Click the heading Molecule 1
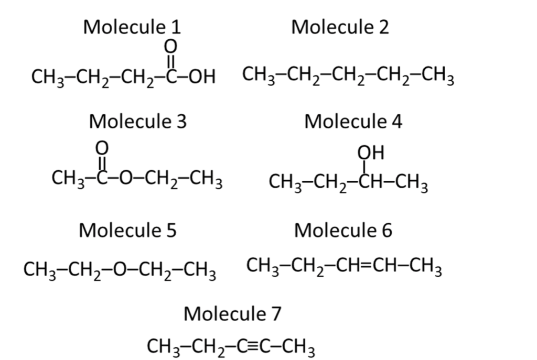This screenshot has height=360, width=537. point(132,27)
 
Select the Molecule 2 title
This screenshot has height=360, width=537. point(340,27)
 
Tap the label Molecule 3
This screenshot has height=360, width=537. point(137,122)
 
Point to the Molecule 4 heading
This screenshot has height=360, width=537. point(353,122)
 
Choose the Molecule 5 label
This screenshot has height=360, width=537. point(127,230)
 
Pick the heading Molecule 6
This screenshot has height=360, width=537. point(343,230)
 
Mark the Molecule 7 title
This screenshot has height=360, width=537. point(232,314)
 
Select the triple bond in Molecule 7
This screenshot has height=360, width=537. point(253,346)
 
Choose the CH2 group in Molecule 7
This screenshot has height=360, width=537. point(207,347)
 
